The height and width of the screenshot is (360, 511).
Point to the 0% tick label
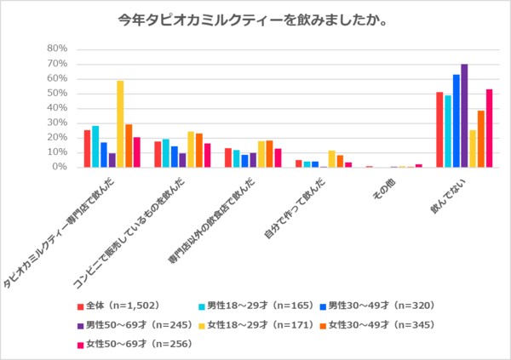(59, 167)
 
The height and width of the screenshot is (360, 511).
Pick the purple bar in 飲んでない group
(464, 116)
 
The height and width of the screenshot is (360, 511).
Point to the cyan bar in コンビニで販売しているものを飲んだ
(166, 153)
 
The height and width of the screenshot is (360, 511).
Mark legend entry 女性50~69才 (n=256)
(132, 343)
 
